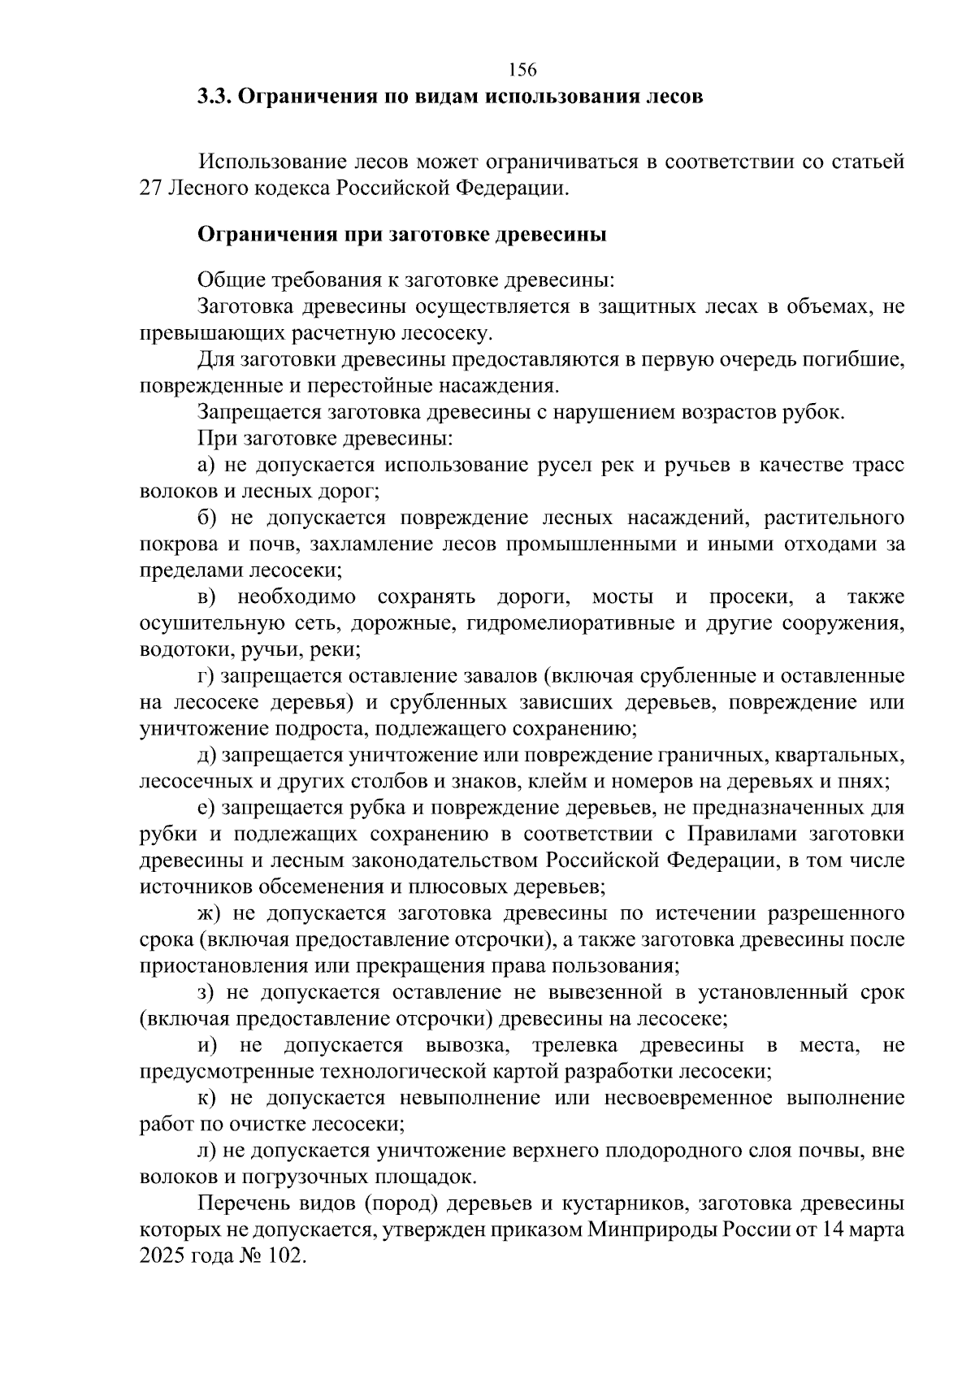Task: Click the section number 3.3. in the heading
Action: (x=215, y=97)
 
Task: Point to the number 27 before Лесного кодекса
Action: (x=151, y=189)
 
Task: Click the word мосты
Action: (x=622, y=597)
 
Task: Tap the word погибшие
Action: (x=852, y=359)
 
